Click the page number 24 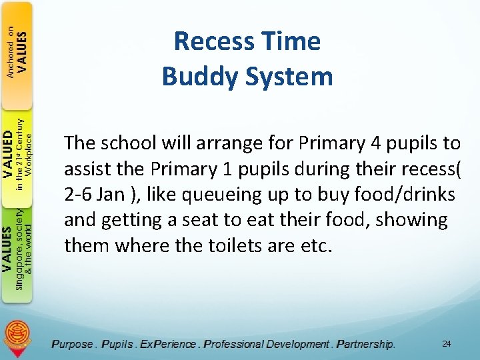[x=446, y=343]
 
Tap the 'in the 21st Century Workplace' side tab [x=17, y=153]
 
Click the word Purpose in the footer [x=73, y=344]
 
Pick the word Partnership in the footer [x=365, y=344]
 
